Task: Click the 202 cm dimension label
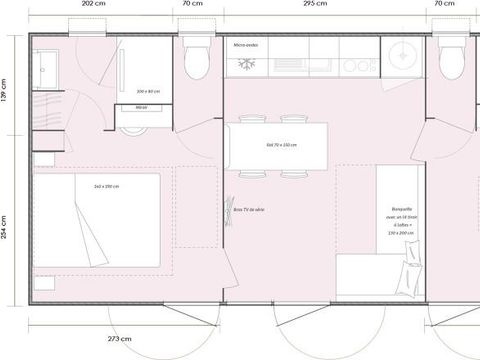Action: click(92, 4)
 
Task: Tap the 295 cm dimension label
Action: click(314, 4)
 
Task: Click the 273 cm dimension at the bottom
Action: click(119, 338)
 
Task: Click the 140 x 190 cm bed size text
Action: click(106, 186)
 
